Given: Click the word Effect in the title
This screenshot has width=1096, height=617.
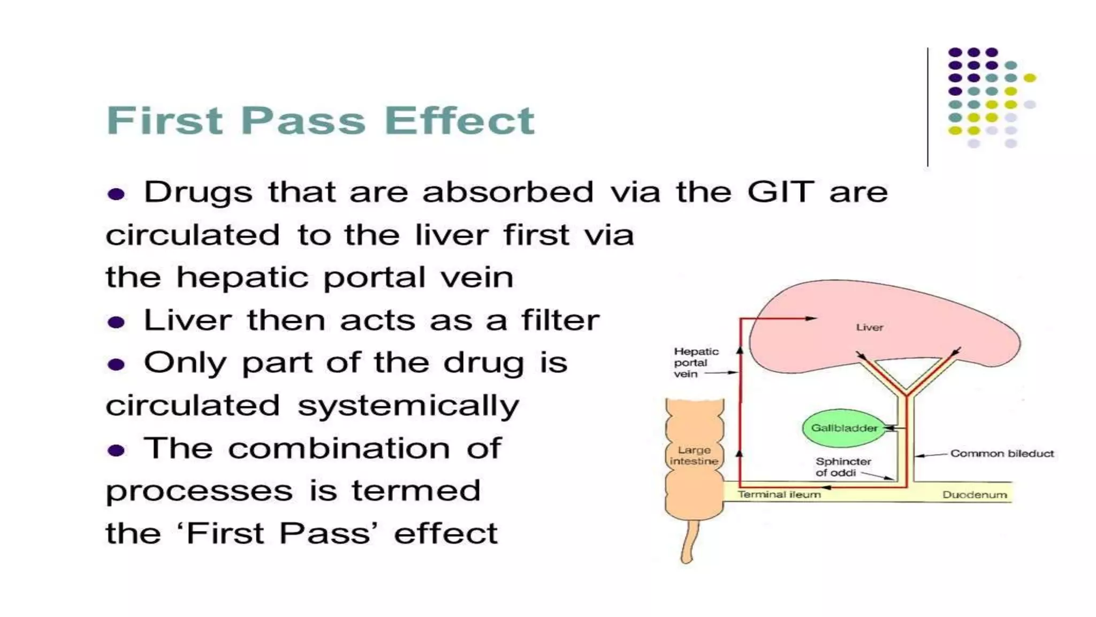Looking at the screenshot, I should [459, 121].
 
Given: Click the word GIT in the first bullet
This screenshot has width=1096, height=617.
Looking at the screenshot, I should [780, 192].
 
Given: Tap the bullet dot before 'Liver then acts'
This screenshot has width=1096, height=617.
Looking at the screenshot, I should [116, 322].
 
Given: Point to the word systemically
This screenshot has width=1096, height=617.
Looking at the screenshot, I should [408, 406].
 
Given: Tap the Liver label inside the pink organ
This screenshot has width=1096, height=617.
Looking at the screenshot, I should [869, 327].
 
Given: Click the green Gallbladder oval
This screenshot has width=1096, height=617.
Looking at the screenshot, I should [843, 428].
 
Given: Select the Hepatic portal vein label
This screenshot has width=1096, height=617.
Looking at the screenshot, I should [695, 363].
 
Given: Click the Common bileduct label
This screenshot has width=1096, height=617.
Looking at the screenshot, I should [1002, 454].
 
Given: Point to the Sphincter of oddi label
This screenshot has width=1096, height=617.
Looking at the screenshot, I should [842, 467].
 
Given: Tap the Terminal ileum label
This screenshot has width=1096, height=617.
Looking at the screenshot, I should [779, 494].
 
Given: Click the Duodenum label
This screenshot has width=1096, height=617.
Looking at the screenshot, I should [974, 495].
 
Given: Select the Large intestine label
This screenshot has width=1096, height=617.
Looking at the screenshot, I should [694, 455].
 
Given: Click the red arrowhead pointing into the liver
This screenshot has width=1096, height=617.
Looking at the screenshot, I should [811, 318].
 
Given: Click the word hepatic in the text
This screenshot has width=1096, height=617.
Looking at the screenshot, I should [242, 277].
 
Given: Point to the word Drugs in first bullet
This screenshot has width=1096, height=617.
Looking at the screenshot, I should [198, 192].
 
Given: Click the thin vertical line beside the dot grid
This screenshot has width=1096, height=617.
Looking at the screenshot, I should [927, 107].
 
